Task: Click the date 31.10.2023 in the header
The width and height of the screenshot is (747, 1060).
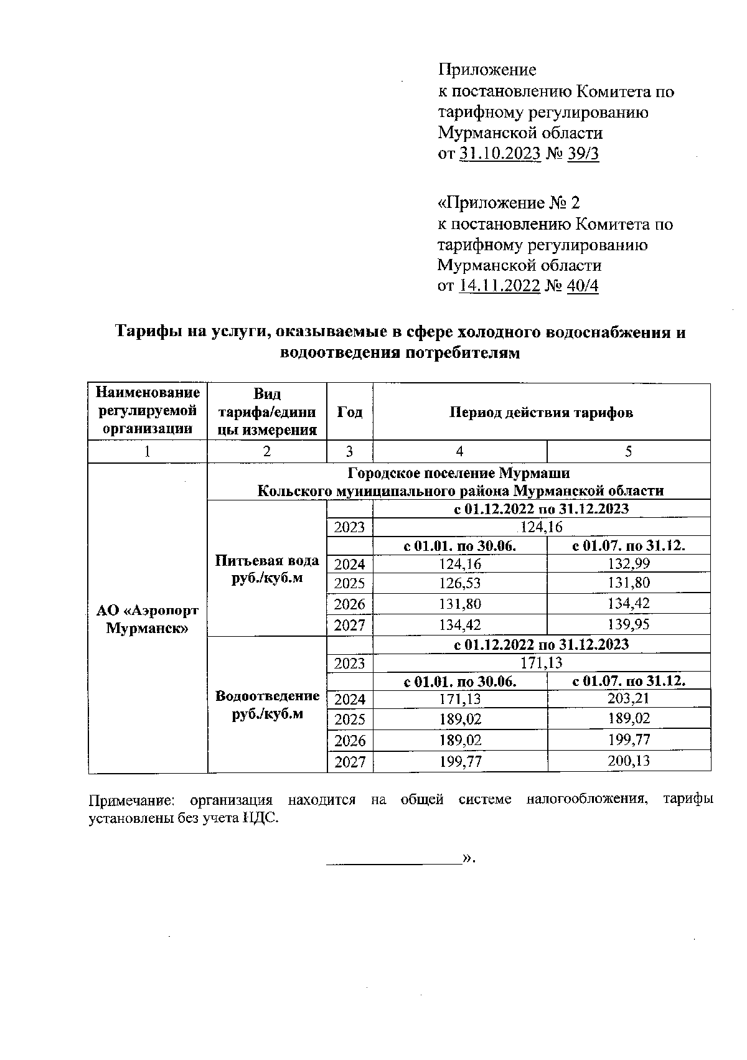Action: click(500, 154)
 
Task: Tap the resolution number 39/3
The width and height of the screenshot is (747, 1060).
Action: click(583, 154)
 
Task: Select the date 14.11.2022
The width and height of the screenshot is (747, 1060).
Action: click(499, 286)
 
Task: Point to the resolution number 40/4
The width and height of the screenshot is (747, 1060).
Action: click(583, 286)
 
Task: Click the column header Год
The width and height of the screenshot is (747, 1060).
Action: click(350, 412)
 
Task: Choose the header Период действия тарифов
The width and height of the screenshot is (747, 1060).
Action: click(541, 412)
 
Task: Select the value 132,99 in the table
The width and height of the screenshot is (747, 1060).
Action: click(629, 564)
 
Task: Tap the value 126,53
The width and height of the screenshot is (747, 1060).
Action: click(459, 583)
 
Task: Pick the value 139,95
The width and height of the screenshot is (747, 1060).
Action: click(629, 624)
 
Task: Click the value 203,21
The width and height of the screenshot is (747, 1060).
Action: click(629, 699)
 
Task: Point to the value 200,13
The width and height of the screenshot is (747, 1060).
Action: click(629, 761)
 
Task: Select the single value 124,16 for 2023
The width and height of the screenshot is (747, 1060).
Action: click(541, 527)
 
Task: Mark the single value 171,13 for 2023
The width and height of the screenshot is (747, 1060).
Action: click(541, 663)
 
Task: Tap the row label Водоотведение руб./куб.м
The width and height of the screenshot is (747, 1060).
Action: click(267, 705)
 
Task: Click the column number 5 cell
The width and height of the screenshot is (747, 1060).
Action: click(629, 452)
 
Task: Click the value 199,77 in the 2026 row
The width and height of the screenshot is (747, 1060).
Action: click(629, 740)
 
